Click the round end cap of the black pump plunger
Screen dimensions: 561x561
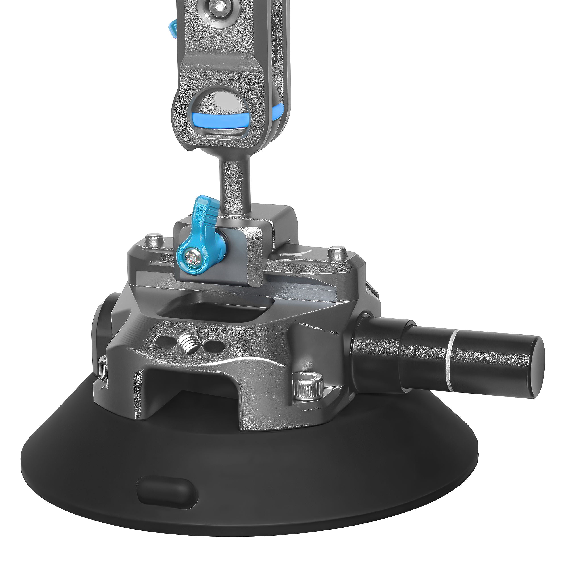tap(535, 367)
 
